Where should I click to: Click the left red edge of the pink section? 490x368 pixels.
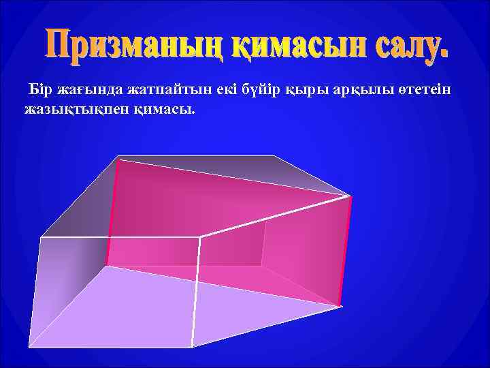pyautogui.click(x=112, y=211)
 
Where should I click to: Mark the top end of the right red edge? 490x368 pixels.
pyautogui.click(x=350, y=198)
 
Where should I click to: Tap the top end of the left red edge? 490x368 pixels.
pyautogui.click(x=118, y=161)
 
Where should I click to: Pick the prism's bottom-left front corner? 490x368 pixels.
pyautogui.click(x=29, y=347)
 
